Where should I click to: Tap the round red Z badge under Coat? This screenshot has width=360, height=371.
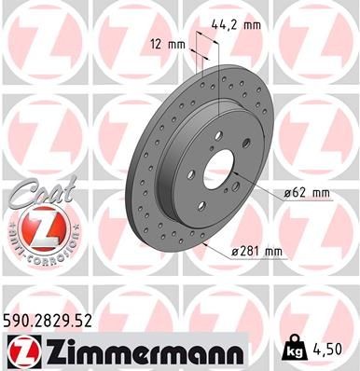tap(36, 228)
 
